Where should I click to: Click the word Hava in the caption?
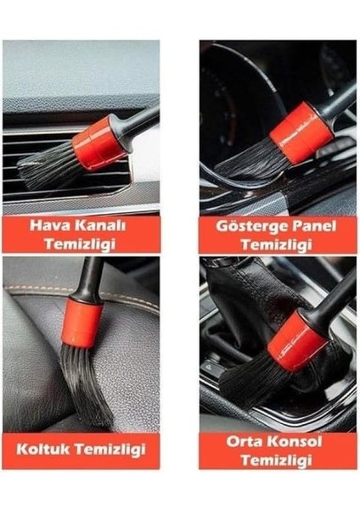click(52, 226)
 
